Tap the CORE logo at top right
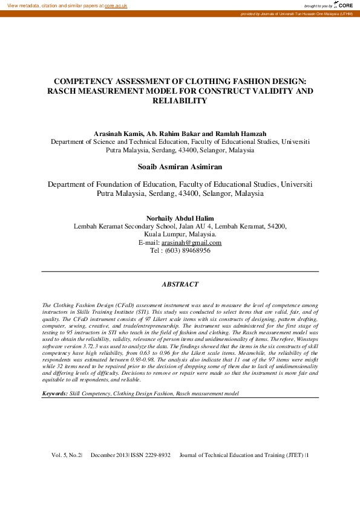344,5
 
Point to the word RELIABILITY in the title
180,101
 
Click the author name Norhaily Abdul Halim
180,218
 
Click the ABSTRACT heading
180,284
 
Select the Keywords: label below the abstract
54,393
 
